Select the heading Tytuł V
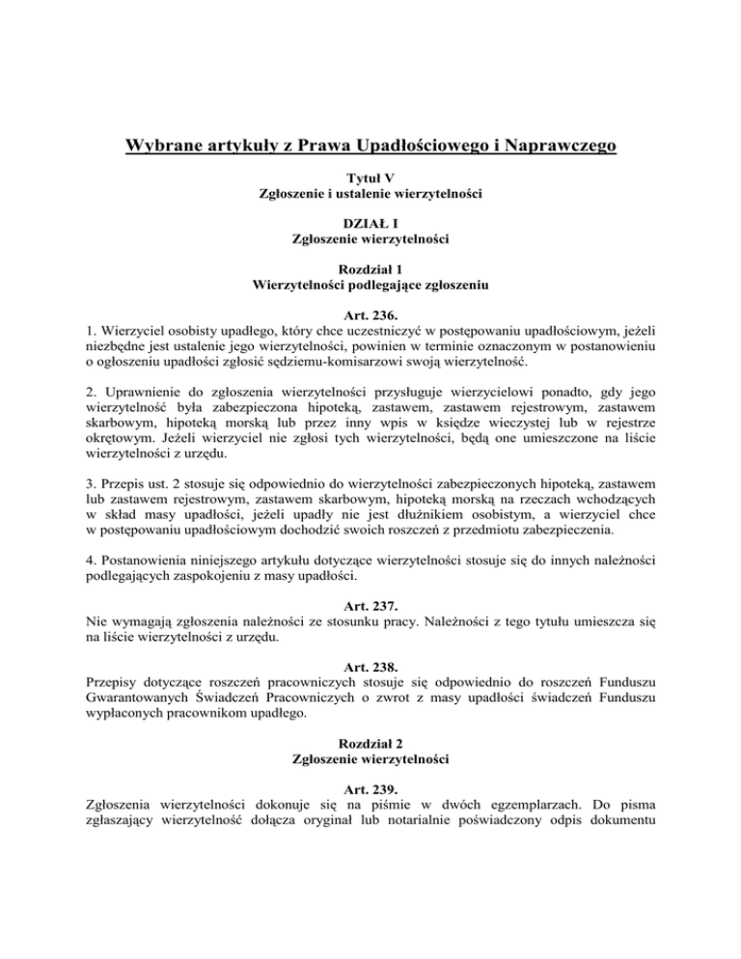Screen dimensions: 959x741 pyautogui.click(x=370, y=178)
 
